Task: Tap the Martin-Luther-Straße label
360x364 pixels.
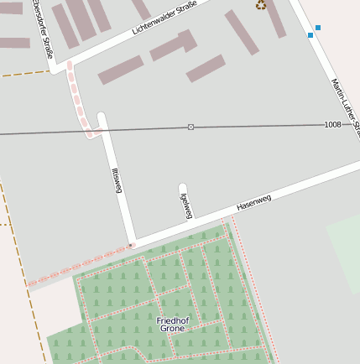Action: click(x=345, y=105)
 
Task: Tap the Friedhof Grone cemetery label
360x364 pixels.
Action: click(x=173, y=324)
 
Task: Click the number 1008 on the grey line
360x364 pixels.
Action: click(x=333, y=124)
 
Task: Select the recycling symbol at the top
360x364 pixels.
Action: click(x=261, y=4)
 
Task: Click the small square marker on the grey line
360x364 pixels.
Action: click(x=190, y=127)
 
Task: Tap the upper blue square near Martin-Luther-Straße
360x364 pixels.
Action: click(x=317, y=28)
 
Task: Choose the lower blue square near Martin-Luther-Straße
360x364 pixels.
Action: click(x=310, y=35)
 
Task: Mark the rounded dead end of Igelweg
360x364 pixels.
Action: click(x=182, y=187)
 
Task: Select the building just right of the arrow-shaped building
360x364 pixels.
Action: click(x=206, y=68)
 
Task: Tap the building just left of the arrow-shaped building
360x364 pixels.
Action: click(x=120, y=70)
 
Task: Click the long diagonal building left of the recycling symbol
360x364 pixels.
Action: click(x=242, y=32)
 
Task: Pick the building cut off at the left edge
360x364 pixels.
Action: click(x=14, y=43)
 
